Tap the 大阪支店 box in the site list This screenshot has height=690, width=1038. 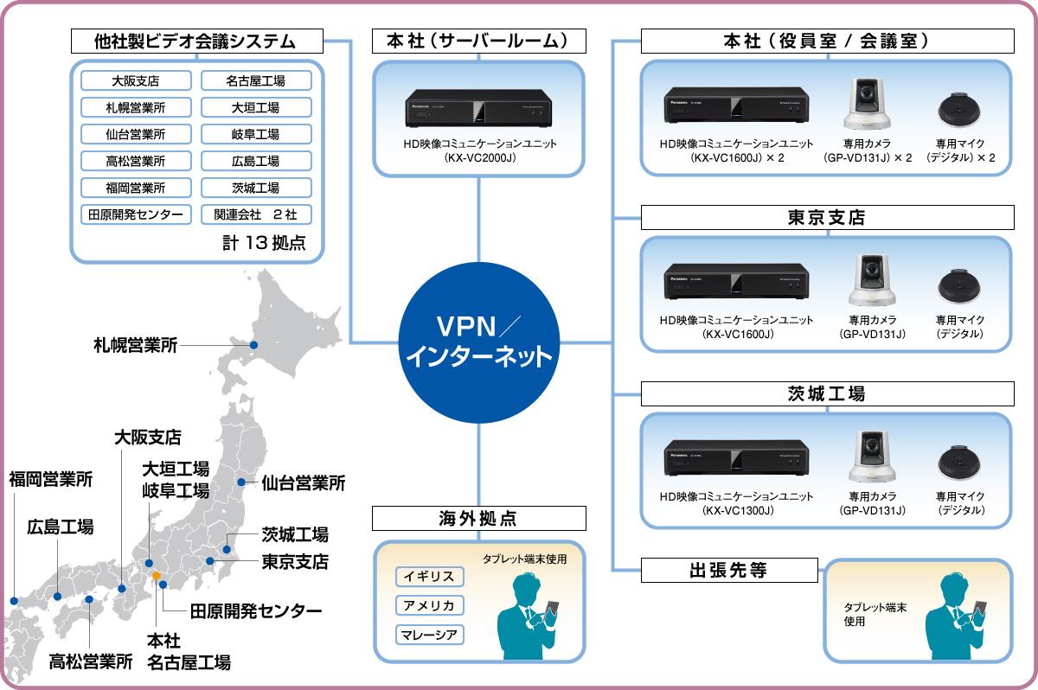pyautogui.click(x=135, y=81)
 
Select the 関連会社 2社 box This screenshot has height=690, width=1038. pyautogui.click(x=255, y=214)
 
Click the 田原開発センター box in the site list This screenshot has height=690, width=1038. pyautogui.click(x=135, y=214)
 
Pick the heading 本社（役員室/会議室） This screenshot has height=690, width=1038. pyautogui.click(x=825, y=41)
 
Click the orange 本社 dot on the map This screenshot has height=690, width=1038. pyautogui.click(x=156, y=575)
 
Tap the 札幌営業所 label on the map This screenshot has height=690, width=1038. pyautogui.click(x=135, y=345)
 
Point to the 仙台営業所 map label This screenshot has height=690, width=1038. pyautogui.click(x=303, y=482)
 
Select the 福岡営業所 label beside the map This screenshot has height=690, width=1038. pyautogui.click(x=51, y=479)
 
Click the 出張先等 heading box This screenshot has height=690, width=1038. pyautogui.click(x=729, y=570)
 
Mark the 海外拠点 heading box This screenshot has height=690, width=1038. pyautogui.click(x=477, y=519)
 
